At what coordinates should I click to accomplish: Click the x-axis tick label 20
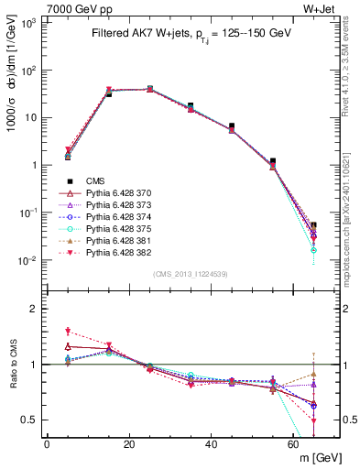pos(129,444)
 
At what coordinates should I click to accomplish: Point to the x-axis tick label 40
pos(212,444)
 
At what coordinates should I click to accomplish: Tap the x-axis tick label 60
pos(294,444)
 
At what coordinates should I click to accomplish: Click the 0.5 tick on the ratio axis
pos(32,420)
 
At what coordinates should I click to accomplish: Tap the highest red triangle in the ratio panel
pos(68,332)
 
